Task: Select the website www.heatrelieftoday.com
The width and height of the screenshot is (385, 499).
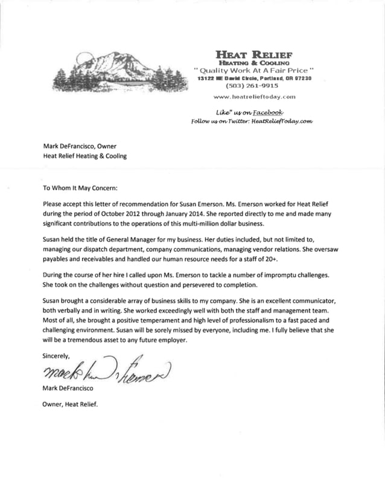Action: (255, 97)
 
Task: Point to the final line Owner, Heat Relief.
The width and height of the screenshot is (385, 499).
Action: (70, 404)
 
